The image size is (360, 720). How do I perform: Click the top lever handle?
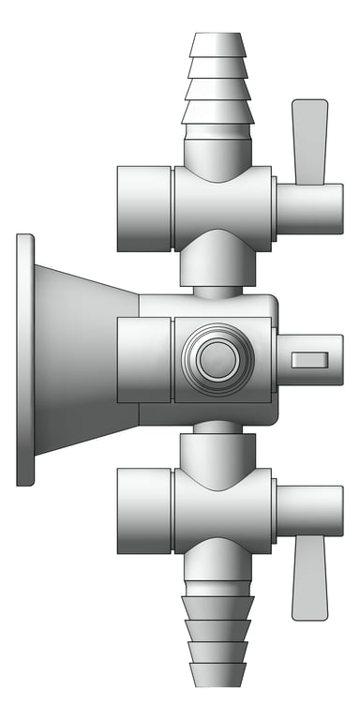[309, 141]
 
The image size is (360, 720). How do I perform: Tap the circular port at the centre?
[217, 359]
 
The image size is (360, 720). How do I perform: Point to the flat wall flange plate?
[25, 360]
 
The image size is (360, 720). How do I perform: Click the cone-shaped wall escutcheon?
[84, 360]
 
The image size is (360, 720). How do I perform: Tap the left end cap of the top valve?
[143, 209]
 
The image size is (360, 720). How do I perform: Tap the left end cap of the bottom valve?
[143, 511]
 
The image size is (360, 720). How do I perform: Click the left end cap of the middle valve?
[143, 360]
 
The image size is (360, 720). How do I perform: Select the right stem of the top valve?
[309, 209]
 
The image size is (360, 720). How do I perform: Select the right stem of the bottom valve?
[309, 511]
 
